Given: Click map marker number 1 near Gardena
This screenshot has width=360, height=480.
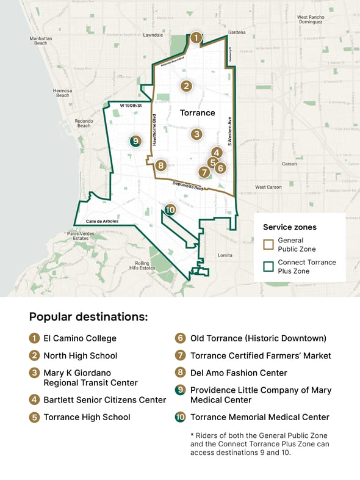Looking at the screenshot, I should pos(195,38).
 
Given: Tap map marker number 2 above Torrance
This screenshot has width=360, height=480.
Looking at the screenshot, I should pos(186,86).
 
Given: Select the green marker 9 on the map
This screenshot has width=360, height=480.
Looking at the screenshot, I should pos(135,141).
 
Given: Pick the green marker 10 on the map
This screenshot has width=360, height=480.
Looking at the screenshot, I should pos(170,209).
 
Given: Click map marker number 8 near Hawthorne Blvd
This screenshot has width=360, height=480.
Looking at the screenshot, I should pos(160,165).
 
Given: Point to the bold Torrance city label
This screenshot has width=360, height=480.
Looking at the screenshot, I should pos(197,113).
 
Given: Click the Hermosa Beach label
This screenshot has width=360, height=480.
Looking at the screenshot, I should pos(63,93).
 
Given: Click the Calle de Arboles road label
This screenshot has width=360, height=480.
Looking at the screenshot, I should pos(102,221).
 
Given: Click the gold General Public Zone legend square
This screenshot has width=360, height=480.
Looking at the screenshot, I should pos(268,244).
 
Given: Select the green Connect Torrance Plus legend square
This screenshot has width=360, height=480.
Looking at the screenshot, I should pos(268,266).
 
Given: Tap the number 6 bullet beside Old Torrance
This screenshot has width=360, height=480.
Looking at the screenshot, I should pos(180,338).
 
